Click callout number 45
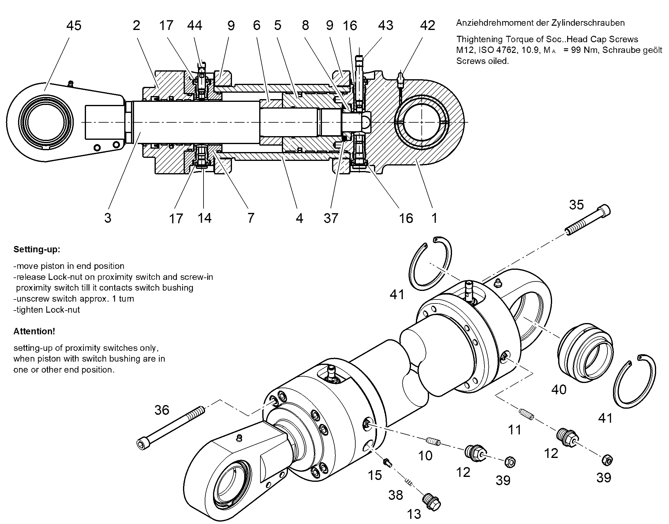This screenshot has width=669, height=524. point(74,25)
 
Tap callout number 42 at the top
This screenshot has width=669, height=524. point(428,25)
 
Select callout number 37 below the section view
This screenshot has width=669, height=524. point(331,218)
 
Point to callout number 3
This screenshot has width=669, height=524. point(108,218)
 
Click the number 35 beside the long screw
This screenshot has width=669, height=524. point(576,205)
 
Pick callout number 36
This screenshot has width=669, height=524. point(162,410)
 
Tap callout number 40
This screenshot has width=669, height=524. point(559,390)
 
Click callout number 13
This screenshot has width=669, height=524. point(414,514)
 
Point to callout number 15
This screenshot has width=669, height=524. point(375,475)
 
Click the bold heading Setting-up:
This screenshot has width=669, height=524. point(37,249)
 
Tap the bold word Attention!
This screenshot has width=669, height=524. point(34,331)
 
